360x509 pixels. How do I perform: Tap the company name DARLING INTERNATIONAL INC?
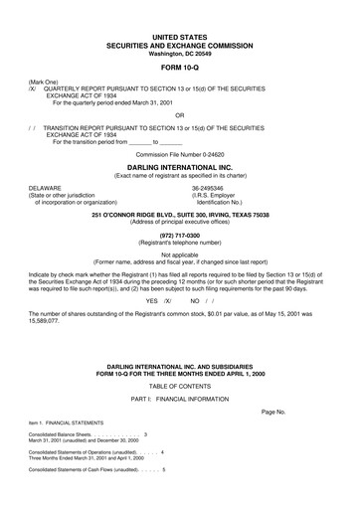[180, 169]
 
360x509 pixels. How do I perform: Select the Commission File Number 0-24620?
[180, 155]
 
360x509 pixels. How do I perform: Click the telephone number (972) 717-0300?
[180, 232]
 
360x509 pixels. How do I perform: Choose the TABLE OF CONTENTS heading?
[180, 383]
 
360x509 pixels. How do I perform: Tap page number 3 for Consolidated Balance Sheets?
[145, 435]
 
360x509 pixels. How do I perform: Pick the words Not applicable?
[180, 254]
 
